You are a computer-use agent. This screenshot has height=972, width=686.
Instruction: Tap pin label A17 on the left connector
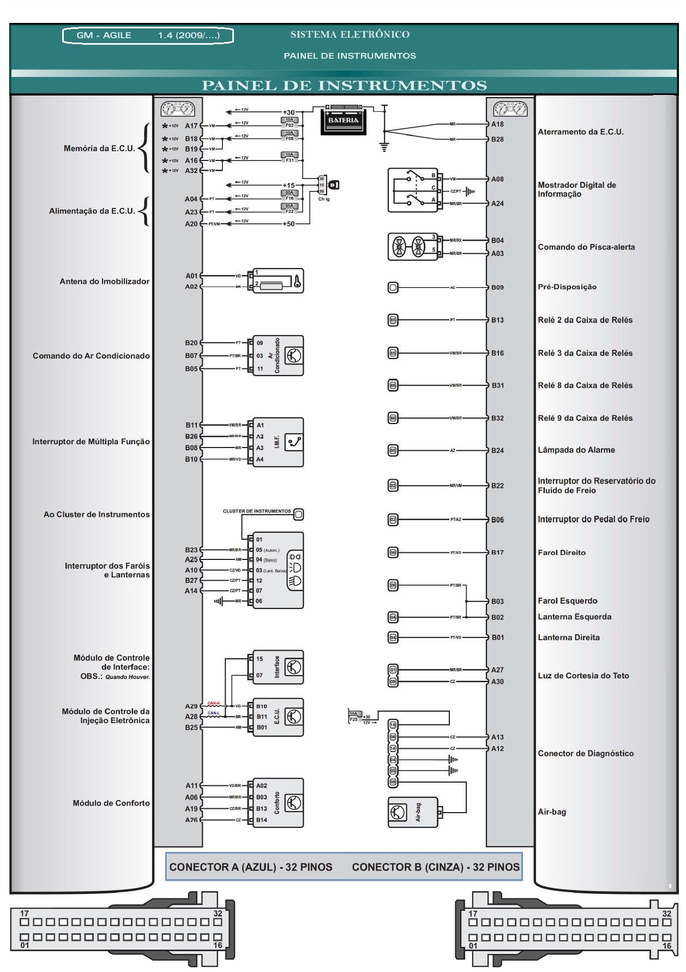191,126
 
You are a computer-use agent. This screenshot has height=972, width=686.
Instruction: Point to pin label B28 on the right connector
497,139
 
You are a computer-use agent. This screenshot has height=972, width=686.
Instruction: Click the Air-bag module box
413,812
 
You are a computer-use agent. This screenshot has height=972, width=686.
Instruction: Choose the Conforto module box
277,803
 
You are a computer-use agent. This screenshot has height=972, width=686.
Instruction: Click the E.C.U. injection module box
277,717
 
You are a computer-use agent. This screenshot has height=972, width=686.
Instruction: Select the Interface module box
277,667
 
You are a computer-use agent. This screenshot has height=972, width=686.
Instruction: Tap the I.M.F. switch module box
277,442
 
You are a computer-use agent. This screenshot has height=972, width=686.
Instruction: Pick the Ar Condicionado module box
277,356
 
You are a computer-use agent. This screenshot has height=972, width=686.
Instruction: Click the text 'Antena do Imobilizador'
104,282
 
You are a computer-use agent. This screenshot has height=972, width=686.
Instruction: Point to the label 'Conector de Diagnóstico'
586,754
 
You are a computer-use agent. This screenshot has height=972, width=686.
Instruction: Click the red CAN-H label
213,703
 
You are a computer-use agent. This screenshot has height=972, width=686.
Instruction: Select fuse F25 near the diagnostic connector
354,717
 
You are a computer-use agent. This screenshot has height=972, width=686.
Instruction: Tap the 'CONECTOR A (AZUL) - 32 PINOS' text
251,867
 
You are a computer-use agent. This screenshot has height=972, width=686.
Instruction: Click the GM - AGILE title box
148,35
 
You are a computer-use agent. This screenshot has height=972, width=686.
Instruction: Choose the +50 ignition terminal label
288,224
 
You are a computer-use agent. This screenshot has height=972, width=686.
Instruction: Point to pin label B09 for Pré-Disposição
497,287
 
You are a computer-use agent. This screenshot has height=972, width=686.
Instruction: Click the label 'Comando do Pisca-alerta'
586,247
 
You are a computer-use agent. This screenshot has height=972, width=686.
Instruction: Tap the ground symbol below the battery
384,146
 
